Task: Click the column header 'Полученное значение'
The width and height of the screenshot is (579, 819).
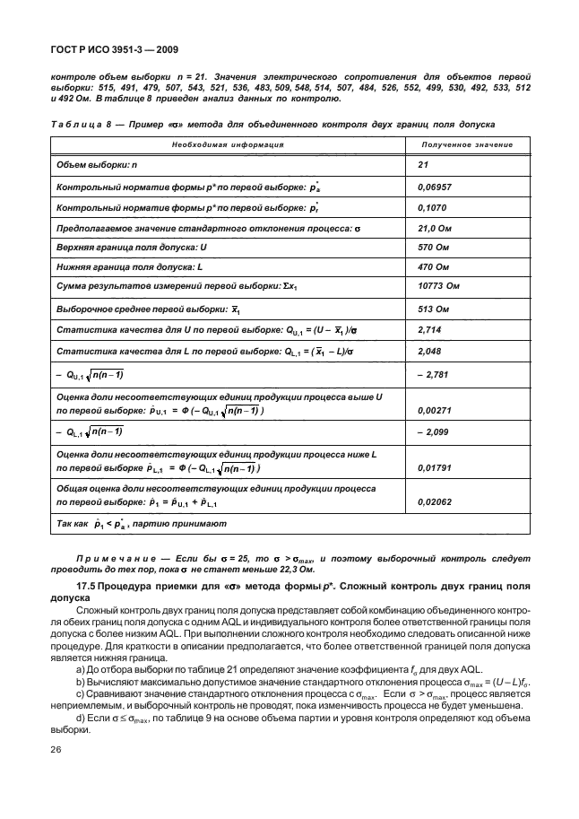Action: (x=467, y=144)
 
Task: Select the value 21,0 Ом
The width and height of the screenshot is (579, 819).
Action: (x=436, y=229)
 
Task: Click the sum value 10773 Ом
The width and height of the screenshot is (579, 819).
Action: (x=438, y=287)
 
